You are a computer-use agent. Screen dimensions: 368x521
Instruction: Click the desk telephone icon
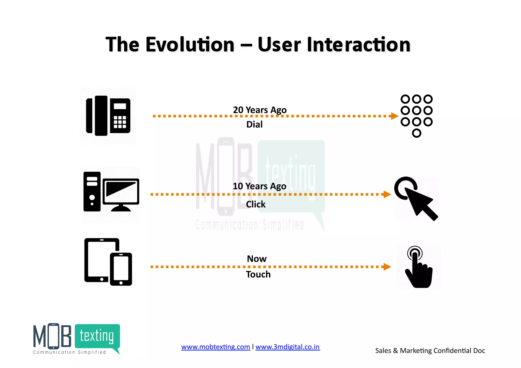pyautogui.click(x=108, y=116)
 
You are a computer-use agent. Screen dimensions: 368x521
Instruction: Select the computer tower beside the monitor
pyautogui.click(x=92, y=192)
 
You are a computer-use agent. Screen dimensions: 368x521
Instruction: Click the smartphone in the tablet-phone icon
pyautogui.click(x=121, y=269)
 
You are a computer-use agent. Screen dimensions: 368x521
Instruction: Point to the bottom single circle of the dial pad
pyautogui.click(x=416, y=133)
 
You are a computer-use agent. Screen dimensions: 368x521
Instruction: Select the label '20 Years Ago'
pyautogui.click(x=260, y=110)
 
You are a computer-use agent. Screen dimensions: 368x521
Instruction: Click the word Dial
pyautogui.click(x=254, y=124)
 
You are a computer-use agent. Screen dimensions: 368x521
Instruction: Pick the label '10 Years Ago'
pyautogui.click(x=259, y=186)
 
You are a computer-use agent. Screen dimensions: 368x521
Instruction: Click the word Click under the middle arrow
pyautogui.click(x=256, y=204)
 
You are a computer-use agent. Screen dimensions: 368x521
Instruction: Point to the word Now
pyautogui.click(x=257, y=259)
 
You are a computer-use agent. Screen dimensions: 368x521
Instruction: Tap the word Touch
pyautogui.click(x=258, y=274)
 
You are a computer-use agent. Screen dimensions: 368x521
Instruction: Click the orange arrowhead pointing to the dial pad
pyautogui.click(x=394, y=116)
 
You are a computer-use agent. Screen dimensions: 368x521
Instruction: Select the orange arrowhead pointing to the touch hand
pyautogui.click(x=387, y=267)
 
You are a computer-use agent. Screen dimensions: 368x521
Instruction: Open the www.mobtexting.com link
pyautogui.click(x=215, y=347)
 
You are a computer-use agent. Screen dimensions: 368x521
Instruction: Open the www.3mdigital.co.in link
pyautogui.click(x=287, y=347)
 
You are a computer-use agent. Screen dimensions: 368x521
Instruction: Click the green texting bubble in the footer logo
pyautogui.click(x=97, y=336)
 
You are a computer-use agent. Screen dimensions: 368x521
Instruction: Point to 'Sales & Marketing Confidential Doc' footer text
pyautogui.click(x=430, y=351)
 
